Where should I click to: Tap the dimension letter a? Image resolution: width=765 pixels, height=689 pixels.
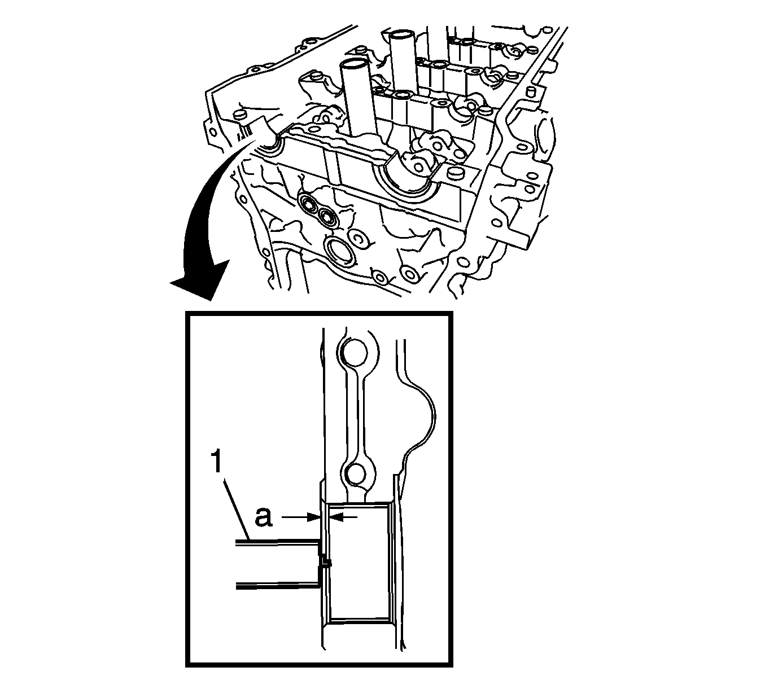[x=264, y=517]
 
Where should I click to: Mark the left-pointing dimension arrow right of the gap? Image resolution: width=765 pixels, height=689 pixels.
[x=343, y=517]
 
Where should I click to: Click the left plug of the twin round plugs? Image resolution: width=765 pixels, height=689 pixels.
[x=308, y=204]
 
